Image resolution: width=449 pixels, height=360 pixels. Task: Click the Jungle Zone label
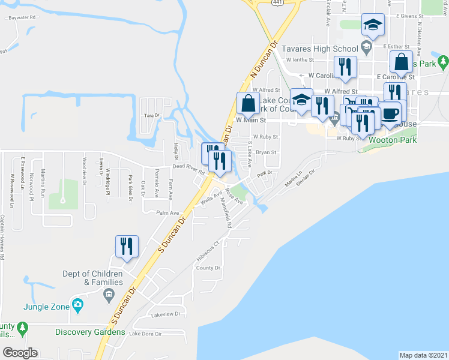44,306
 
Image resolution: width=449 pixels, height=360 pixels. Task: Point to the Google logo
20,352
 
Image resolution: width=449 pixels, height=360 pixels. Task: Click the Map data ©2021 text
423,355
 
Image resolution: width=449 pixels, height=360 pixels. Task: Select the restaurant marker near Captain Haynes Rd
128,247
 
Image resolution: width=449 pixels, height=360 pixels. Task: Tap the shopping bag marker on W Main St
248,104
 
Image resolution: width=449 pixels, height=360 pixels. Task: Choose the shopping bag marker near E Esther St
401,62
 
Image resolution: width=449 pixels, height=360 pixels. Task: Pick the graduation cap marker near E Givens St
373,26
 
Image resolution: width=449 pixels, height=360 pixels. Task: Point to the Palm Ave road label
167,213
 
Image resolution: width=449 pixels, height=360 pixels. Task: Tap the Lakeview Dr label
166,314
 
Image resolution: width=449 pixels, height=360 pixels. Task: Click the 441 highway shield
277,2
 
